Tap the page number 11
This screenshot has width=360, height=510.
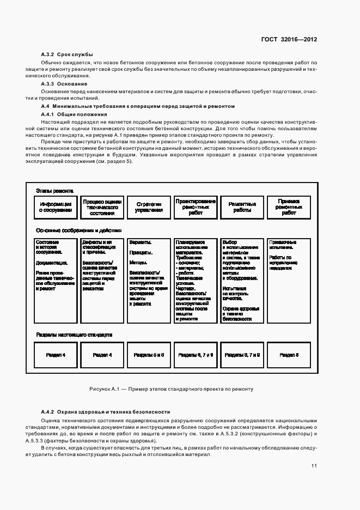tap(314, 466)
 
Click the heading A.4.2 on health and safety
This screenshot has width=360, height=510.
tap(105, 412)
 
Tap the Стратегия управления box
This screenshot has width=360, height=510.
tap(149, 207)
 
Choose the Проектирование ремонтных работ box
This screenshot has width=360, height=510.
tap(196, 207)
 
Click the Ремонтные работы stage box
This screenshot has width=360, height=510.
tap(242, 207)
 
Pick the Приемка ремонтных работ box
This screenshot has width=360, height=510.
tap(289, 207)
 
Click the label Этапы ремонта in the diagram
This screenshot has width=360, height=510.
tap(54, 190)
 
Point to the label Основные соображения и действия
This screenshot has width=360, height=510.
tap(78, 230)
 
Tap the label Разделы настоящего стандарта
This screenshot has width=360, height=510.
tap(74, 335)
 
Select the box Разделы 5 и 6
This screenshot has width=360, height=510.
tap(149, 354)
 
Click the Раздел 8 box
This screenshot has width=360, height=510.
tap(289, 354)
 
